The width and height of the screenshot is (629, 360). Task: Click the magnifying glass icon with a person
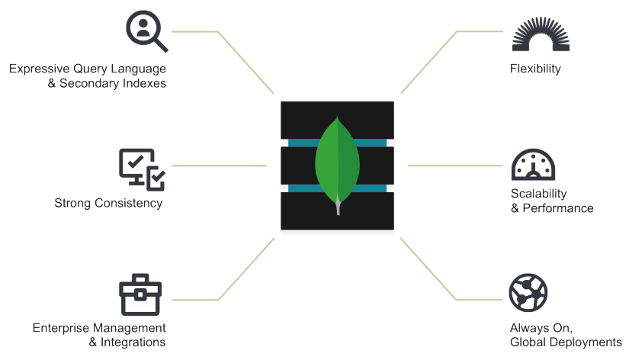[x=146, y=31]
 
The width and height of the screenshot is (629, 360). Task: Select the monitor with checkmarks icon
[x=142, y=169]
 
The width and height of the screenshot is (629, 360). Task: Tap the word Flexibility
[x=535, y=69]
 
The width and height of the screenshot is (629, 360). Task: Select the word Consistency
[x=127, y=203]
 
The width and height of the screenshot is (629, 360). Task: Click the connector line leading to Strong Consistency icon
[x=220, y=166]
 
